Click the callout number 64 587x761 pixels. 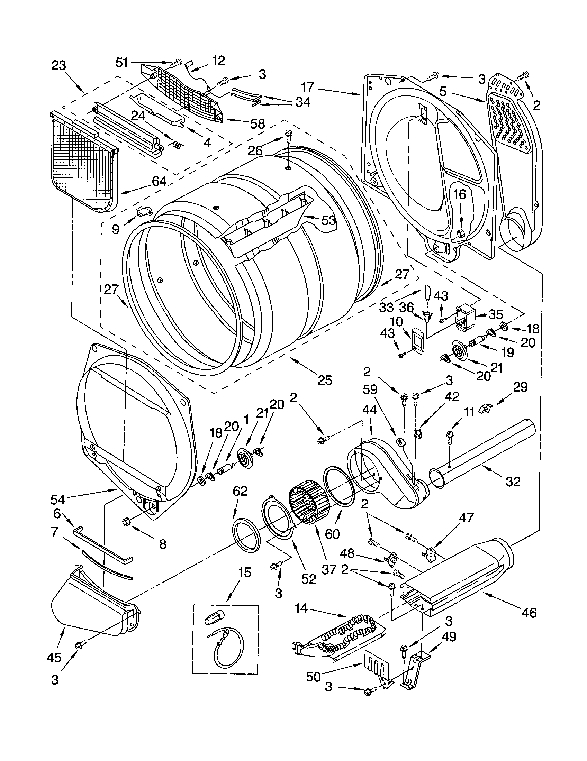159,182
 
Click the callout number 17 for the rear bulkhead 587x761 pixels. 308,87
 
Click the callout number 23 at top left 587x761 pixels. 58,65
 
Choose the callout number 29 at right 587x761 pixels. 520,387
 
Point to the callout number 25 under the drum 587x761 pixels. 325,380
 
